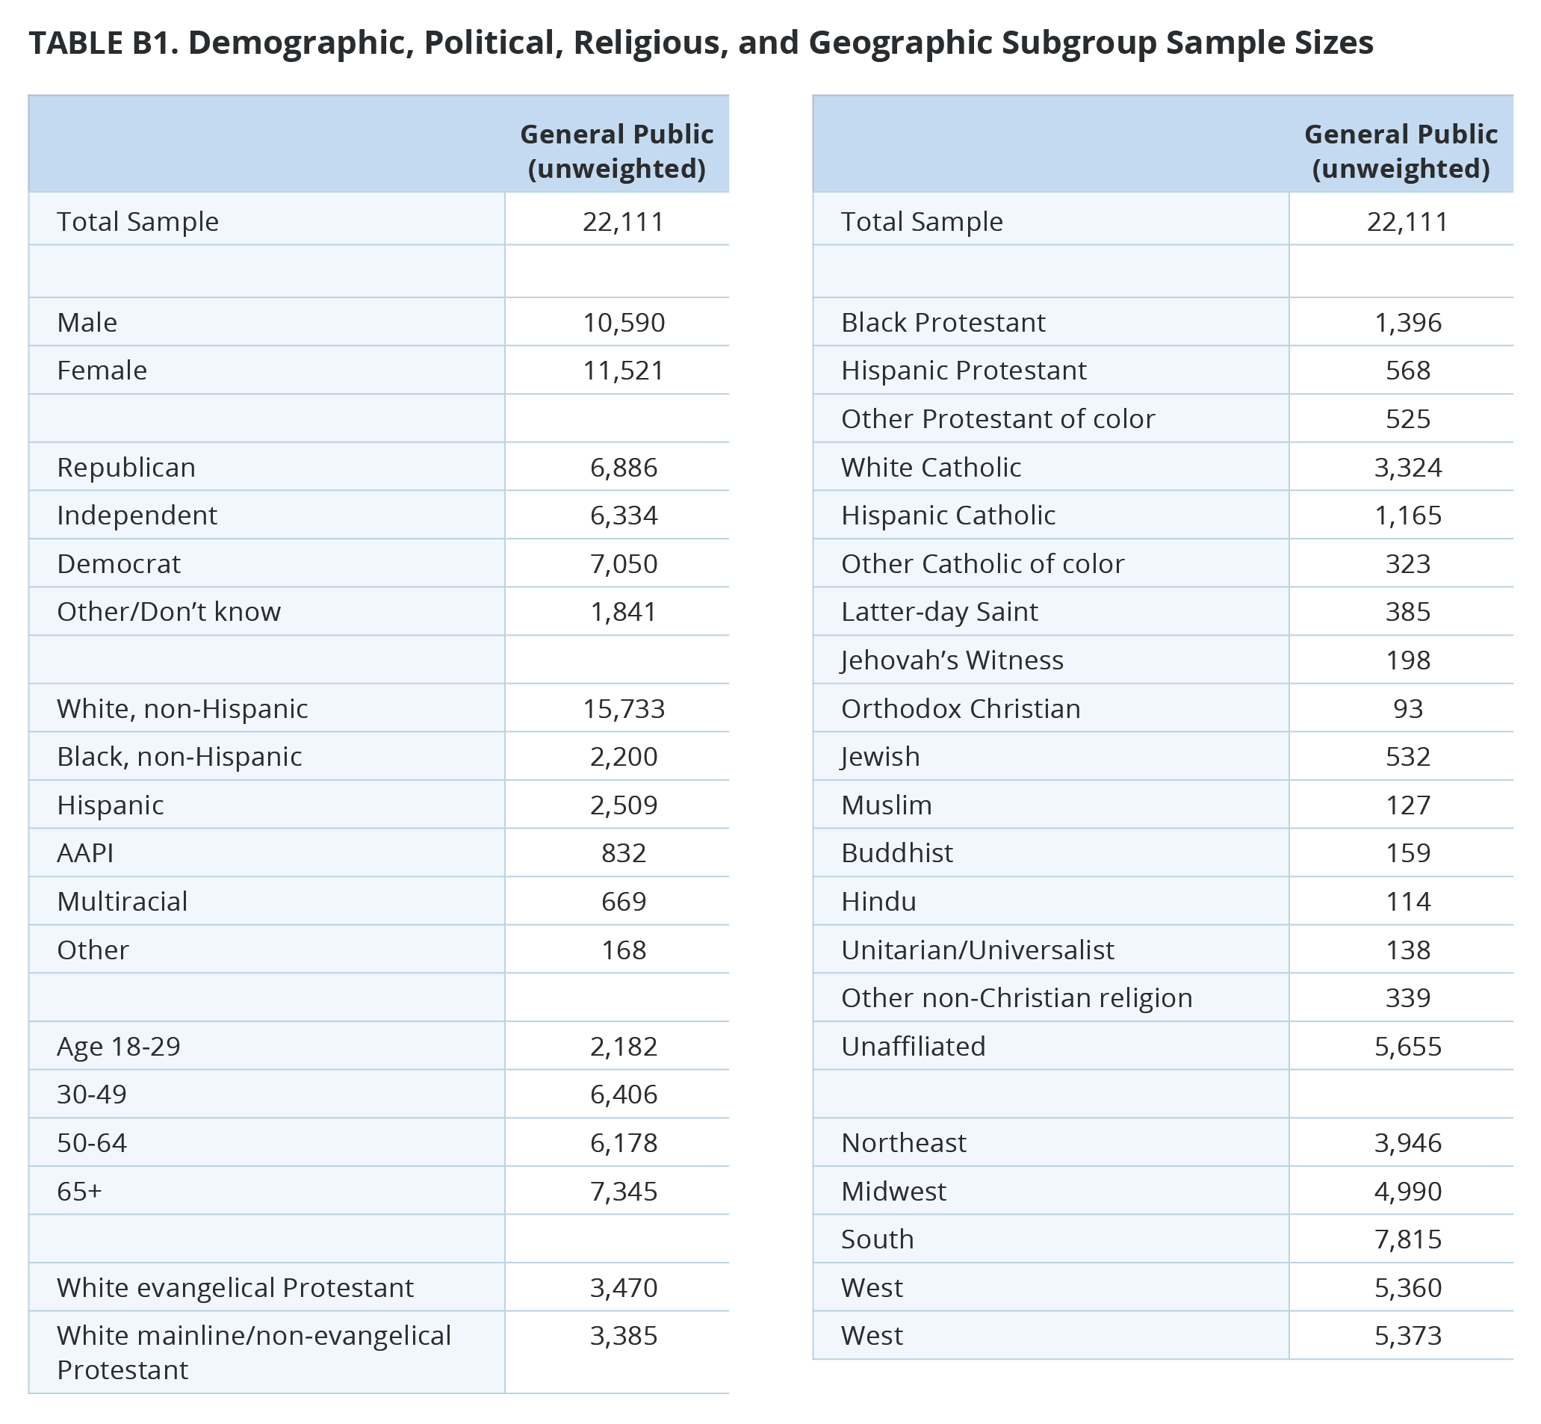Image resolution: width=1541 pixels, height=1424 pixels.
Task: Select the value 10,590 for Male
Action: tap(623, 322)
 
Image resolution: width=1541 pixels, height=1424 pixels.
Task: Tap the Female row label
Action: tap(102, 371)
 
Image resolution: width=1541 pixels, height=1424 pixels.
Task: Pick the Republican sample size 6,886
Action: tap(623, 468)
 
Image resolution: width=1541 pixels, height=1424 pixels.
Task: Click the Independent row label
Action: tap(137, 516)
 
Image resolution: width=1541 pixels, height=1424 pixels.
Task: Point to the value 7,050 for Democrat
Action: tap(623, 564)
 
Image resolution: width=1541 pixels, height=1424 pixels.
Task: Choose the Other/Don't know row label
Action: tap(169, 612)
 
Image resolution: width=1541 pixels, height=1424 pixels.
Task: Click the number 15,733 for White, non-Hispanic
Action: tap(623, 709)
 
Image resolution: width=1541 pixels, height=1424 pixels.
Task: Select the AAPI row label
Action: tap(85, 853)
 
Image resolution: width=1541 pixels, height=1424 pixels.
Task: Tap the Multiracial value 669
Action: tap(623, 902)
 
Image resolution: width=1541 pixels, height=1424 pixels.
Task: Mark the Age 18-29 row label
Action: tap(119, 1047)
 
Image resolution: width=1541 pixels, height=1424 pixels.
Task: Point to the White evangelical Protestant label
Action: tap(235, 1287)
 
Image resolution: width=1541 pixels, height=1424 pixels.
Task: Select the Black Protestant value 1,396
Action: tap(1408, 322)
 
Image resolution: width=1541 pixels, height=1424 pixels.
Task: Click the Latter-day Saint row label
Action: tap(939, 612)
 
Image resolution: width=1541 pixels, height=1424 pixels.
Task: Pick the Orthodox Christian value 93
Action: tap(1408, 709)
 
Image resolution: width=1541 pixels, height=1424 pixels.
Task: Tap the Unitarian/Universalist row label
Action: tap(977, 950)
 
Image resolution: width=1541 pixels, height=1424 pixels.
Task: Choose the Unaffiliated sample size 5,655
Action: tap(1408, 1047)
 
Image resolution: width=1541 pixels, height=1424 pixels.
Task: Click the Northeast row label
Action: tap(903, 1143)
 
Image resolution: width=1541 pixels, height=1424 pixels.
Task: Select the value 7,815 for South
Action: tap(1408, 1239)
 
